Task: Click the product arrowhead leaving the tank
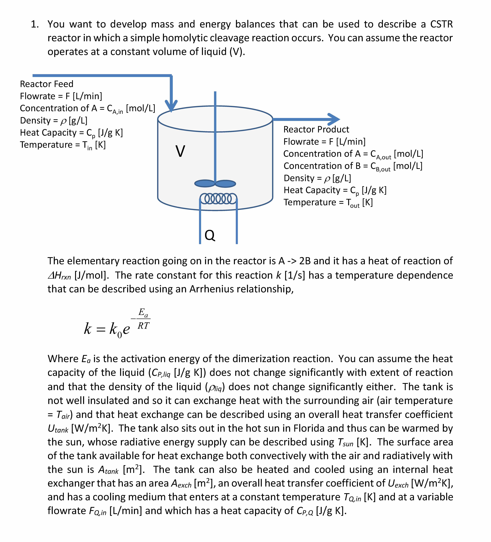click(x=334, y=119)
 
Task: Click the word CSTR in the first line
click(x=441, y=24)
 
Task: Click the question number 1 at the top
click(x=34, y=24)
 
